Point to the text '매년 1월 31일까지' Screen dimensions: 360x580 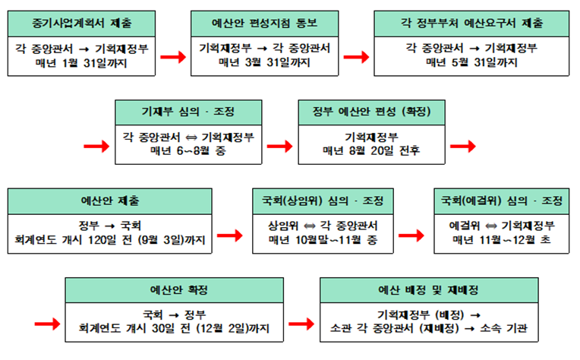click(80, 62)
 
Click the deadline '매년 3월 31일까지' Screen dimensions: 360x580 click(265, 62)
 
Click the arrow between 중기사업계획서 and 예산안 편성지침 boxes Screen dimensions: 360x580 click(173, 55)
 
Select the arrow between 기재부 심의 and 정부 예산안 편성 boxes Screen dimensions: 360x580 click(280, 144)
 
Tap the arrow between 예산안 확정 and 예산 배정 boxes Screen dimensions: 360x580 click(302, 323)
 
